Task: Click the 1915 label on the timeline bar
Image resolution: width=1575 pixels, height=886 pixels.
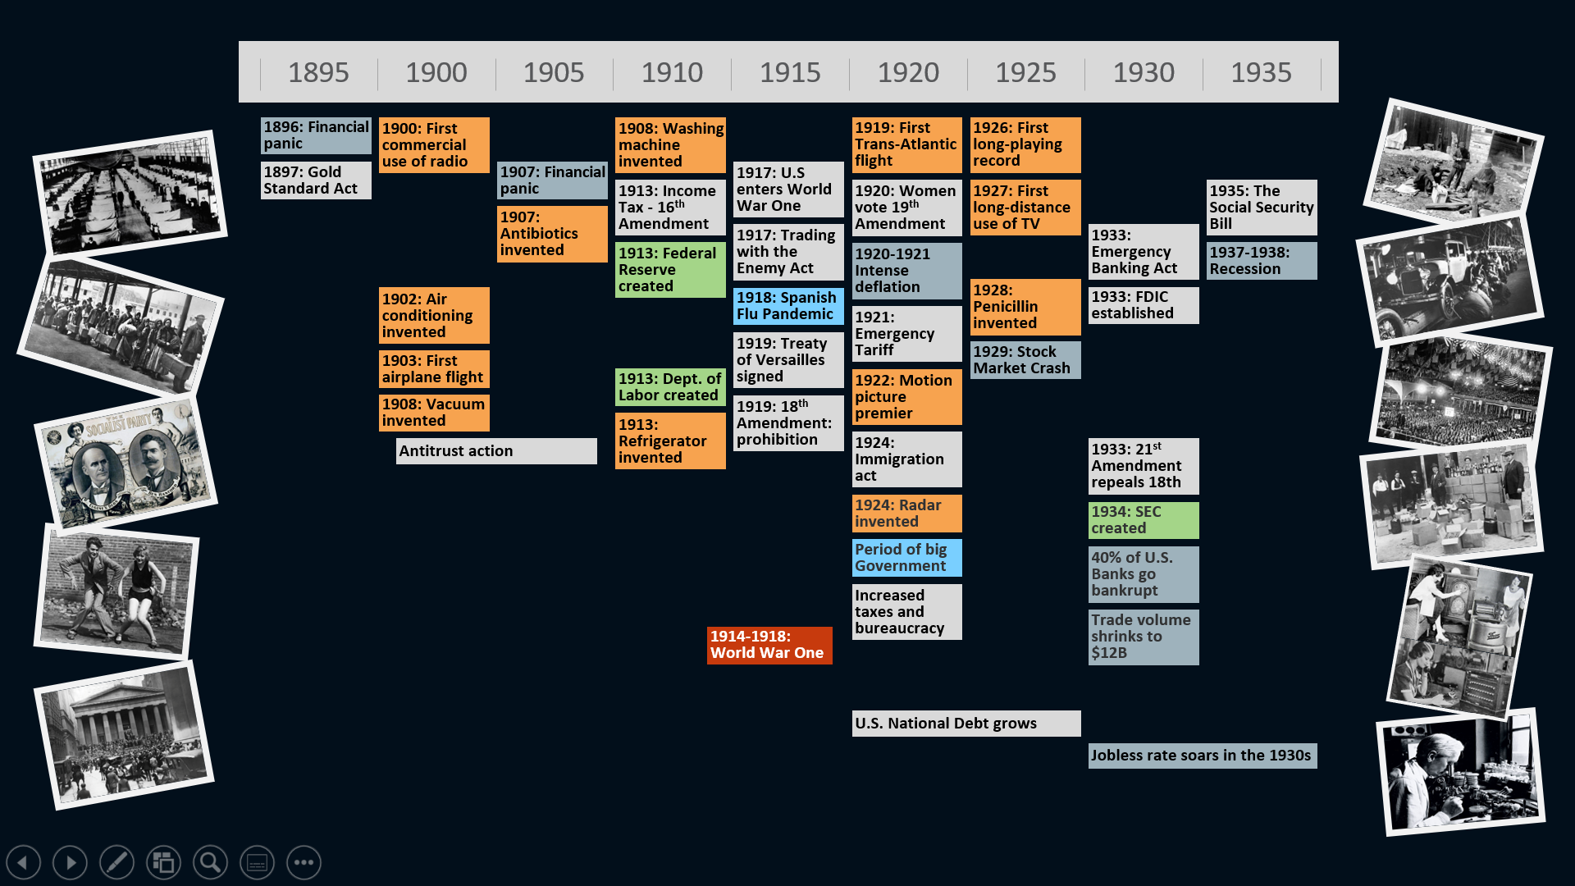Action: click(x=790, y=72)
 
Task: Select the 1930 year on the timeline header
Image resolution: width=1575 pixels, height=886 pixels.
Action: click(x=1144, y=72)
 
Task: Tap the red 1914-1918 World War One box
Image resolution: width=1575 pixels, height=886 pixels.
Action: click(x=769, y=645)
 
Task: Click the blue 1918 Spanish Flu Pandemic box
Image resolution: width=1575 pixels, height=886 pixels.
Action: click(x=788, y=306)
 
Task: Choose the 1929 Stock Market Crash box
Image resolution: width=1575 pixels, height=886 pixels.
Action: click(x=1025, y=360)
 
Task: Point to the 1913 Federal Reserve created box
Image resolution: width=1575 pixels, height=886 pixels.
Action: click(x=670, y=270)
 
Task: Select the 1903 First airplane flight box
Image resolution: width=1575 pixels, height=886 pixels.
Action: click(x=434, y=369)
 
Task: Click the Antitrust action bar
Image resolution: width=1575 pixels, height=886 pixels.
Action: click(x=496, y=451)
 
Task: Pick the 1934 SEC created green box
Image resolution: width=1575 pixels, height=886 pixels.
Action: click(x=1144, y=520)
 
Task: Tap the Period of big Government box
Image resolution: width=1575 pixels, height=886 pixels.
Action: click(x=906, y=558)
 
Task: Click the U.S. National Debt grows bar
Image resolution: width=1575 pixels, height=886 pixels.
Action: click(x=966, y=724)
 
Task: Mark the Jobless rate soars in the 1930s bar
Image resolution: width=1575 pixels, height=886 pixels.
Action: click(x=1203, y=756)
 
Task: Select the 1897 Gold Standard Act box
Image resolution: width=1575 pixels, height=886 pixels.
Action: click(x=316, y=180)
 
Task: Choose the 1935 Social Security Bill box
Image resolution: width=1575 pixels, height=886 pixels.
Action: click(x=1262, y=208)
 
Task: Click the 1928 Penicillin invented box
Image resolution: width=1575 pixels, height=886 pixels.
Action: click(x=1025, y=307)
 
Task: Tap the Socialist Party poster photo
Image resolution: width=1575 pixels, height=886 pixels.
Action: click(x=126, y=461)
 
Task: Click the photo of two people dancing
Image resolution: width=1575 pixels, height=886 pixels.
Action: click(x=116, y=591)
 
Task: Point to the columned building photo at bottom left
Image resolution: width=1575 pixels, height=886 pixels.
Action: click(x=124, y=735)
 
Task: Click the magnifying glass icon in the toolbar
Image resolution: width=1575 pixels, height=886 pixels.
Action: click(x=210, y=862)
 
